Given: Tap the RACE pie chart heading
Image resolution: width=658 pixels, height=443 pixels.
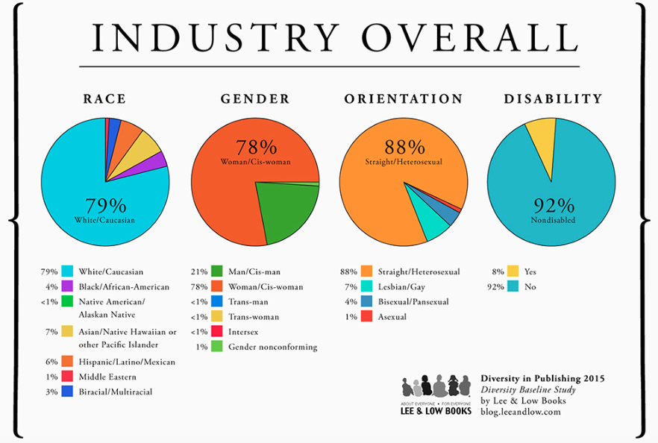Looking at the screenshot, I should click(x=104, y=99).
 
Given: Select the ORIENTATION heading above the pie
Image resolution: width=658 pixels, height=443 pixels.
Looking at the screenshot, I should click(x=403, y=99).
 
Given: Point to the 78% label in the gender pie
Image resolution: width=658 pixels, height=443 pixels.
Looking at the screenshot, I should click(x=256, y=147).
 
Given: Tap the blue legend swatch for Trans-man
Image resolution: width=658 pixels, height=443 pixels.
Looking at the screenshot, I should click(x=216, y=301).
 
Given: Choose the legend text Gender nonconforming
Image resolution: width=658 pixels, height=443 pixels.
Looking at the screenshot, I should click(x=272, y=347).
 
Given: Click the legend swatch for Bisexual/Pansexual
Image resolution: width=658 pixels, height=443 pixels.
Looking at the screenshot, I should click(x=366, y=301).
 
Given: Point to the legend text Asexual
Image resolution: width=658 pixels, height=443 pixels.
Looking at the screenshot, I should click(x=392, y=316).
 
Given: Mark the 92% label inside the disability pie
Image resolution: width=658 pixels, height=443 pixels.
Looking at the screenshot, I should click(x=552, y=206).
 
